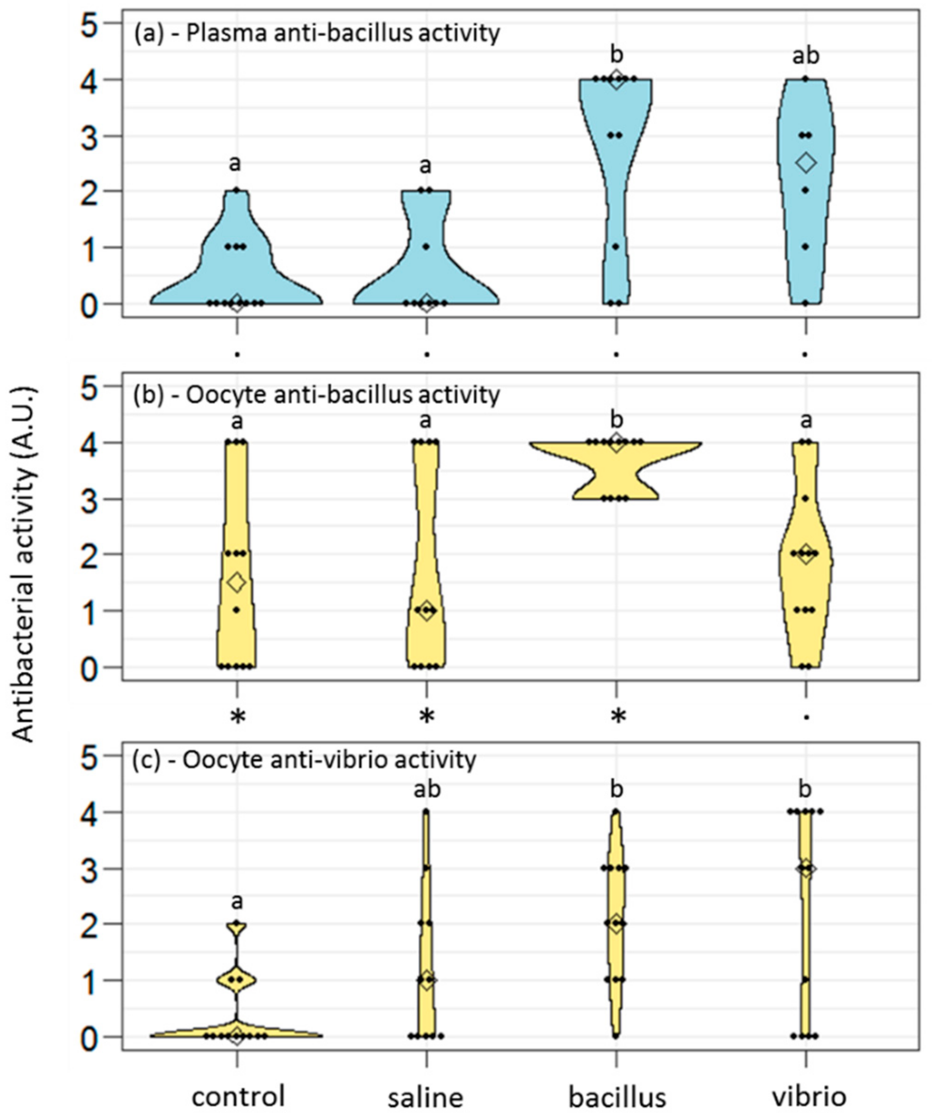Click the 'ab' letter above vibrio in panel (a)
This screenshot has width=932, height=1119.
pyautogui.click(x=805, y=55)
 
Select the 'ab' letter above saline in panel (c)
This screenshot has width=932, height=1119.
pyautogui.click(x=427, y=790)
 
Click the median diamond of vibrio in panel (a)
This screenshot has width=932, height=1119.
pyautogui.click(x=806, y=163)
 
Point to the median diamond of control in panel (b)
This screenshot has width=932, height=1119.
pyautogui.click(x=237, y=582)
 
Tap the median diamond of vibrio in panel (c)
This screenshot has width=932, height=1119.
pyautogui.click(x=806, y=868)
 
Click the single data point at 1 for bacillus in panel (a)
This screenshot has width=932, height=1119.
pyautogui.click(x=616, y=247)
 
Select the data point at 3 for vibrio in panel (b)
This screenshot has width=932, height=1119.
pyautogui.click(x=805, y=498)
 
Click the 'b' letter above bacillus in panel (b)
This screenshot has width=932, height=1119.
pyautogui.click(x=617, y=420)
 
